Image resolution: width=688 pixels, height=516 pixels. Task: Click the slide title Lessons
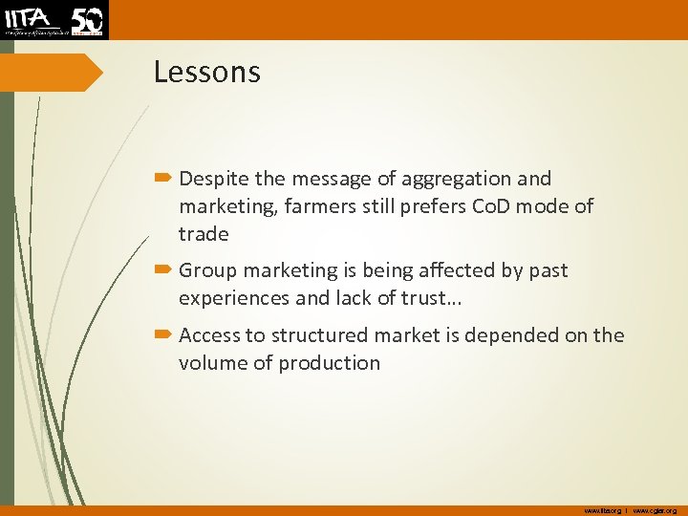206,73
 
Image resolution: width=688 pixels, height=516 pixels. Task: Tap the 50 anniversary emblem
87,19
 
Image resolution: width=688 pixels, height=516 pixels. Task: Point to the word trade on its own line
204,234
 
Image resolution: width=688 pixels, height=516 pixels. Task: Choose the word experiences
234,298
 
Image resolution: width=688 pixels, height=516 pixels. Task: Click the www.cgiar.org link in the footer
655,510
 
